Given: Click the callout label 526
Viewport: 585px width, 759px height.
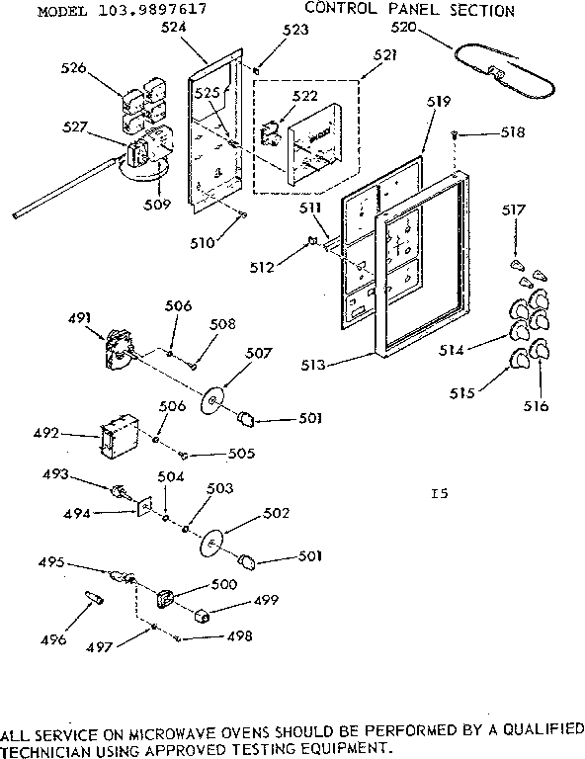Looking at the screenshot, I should pyautogui.click(x=101, y=68).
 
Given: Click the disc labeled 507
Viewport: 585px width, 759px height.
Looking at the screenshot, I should pyautogui.click(x=210, y=400).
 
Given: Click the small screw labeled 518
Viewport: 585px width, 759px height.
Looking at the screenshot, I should pyautogui.click(x=454, y=133).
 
